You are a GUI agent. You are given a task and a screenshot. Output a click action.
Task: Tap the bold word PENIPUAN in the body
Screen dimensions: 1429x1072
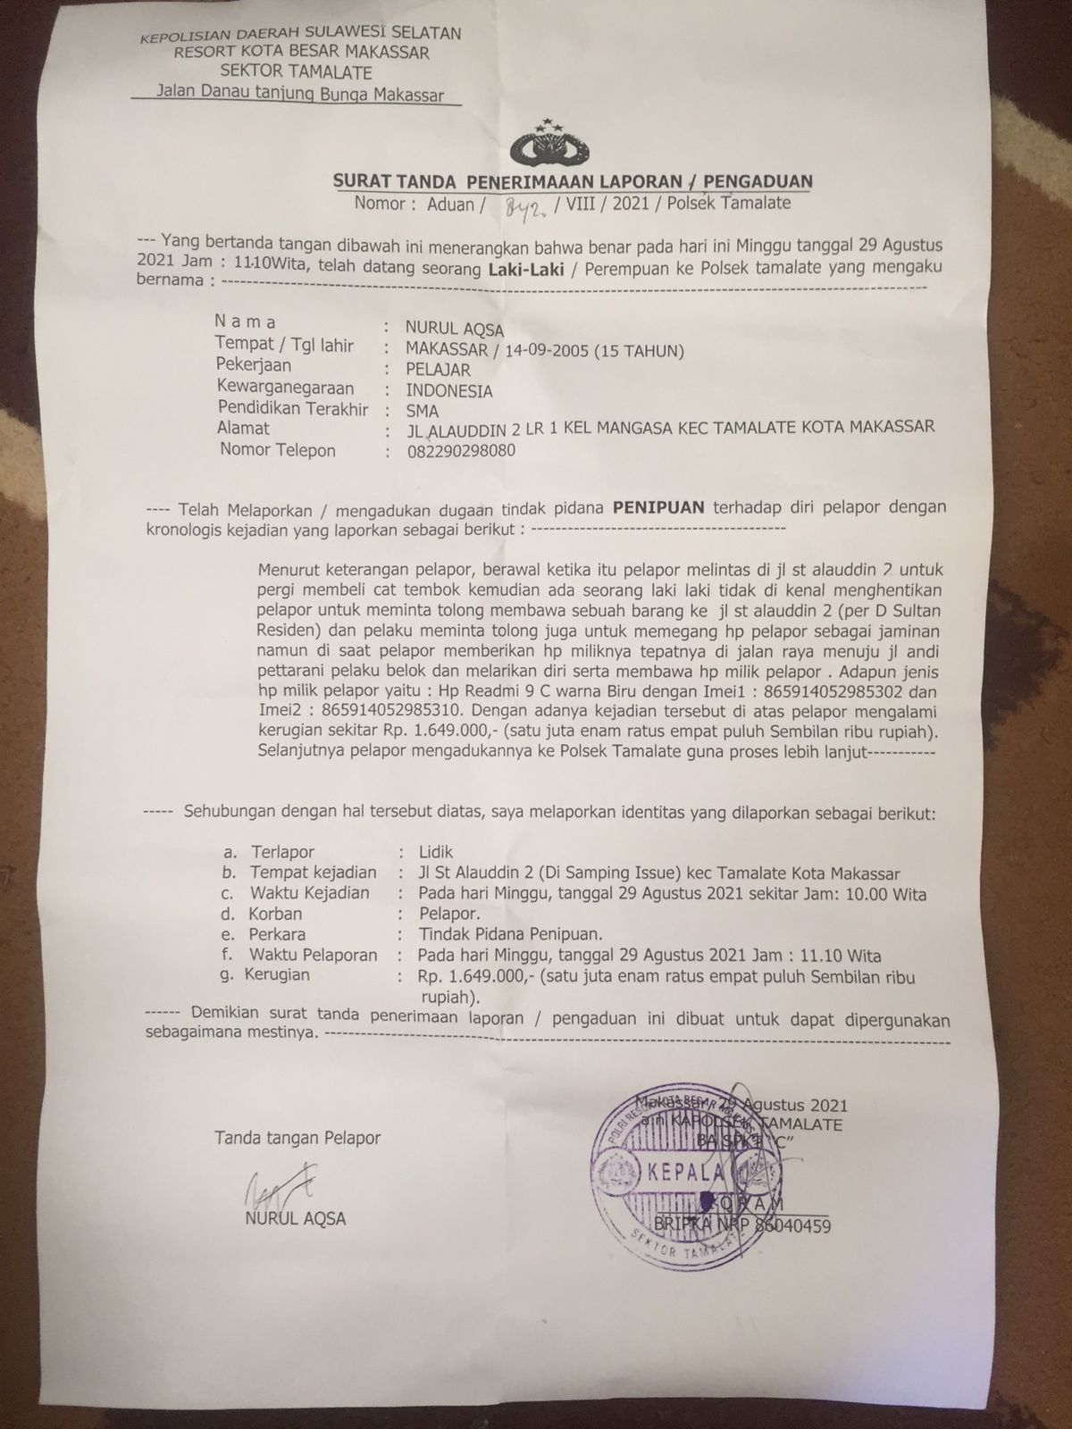click(x=657, y=507)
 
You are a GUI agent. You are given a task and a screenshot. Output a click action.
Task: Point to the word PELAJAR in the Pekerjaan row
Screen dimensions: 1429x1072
click(x=439, y=369)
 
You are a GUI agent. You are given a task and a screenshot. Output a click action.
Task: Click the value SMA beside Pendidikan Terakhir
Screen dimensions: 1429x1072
click(x=422, y=412)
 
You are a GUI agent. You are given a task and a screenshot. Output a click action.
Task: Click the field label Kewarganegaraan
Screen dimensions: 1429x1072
click(x=284, y=389)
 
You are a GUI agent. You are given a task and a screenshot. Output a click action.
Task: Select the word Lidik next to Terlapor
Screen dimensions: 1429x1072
click(x=436, y=852)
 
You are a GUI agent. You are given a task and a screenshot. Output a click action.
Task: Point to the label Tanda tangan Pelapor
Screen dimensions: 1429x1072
click(x=297, y=1138)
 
